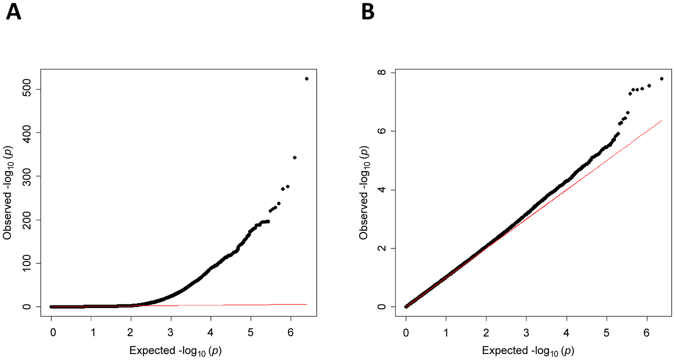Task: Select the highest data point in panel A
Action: pyautogui.click(x=307, y=79)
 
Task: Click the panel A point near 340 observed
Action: pyautogui.click(x=295, y=157)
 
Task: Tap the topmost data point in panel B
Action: pyautogui.click(x=662, y=79)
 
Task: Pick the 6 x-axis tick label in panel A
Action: pyautogui.click(x=291, y=332)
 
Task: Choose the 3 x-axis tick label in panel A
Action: pyautogui.click(x=171, y=332)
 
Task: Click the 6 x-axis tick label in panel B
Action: pyautogui.click(x=647, y=332)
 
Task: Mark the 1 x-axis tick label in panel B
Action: pyautogui.click(x=446, y=332)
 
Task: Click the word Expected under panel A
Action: pyautogui.click(x=152, y=350)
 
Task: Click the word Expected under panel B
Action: pyautogui.click(x=505, y=350)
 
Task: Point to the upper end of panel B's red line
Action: pyautogui.click(x=662, y=121)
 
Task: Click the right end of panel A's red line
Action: pyautogui.click(x=307, y=304)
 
